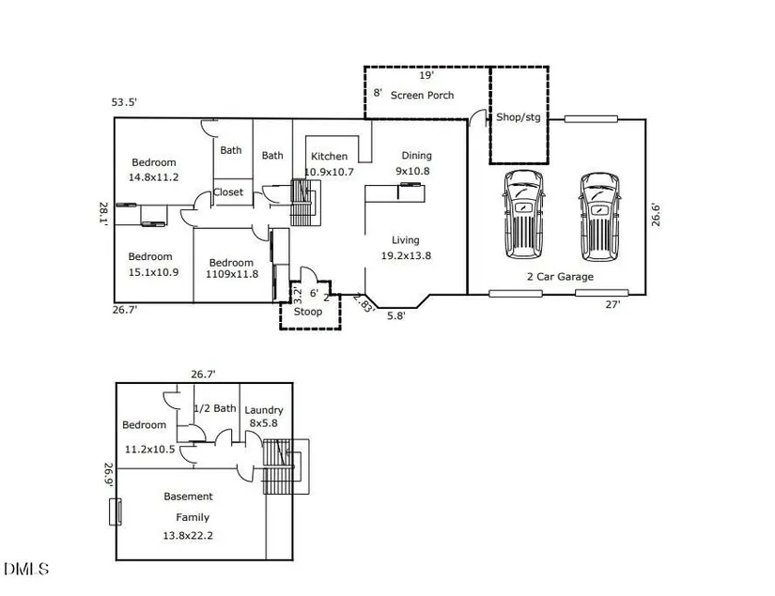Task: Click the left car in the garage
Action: [x=523, y=215]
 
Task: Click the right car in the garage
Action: [x=597, y=215]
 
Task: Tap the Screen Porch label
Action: [x=423, y=95]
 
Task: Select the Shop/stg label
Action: [x=519, y=117]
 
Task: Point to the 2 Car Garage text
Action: [x=560, y=277]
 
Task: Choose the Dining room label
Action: [x=416, y=156]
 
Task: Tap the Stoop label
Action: [x=307, y=312]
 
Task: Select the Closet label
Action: [x=228, y=192]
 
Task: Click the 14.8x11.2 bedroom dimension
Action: [x=154, y=176]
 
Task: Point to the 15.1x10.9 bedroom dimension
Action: [x=153, y=272]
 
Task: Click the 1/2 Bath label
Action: [x=214, y=408]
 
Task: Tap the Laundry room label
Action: [x=263, y=410]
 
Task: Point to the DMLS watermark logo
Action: [x=26, y=569]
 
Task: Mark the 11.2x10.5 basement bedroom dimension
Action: [x=151, y=449]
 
